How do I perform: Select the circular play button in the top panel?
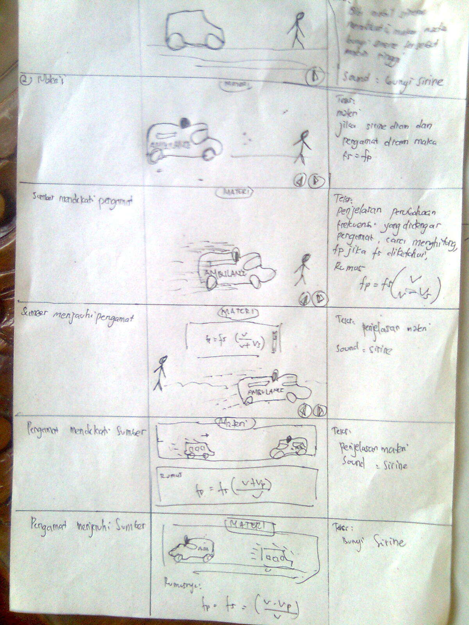point(314,76)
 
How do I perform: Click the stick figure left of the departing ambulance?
point(159,372)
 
